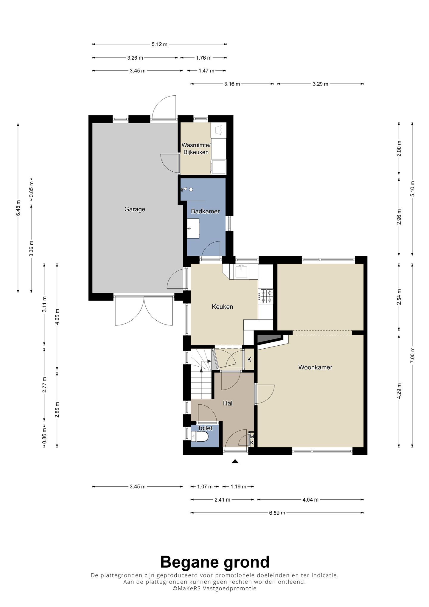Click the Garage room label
pyautogui.click(x=135, y=209)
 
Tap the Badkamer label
pyautogui.click(x=205, y=211)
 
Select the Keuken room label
pyautogui.click(x=222, y=307)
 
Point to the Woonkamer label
pyautogui.click(x=315, y=367)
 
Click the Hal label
pyautogui.click(x=228, y=403)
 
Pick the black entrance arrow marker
pyautogui.click(x=235, y=462)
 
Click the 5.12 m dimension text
pyautogui.click(x=159, y=44)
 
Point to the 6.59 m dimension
pyautogui.click(x=277, y=513)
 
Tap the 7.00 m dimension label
pyautogui.click(x=413, y=355)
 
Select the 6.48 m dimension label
pyautogui.click(x=18, y=208)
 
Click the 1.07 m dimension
pyautogui.click(x=205, y=487)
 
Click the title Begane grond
pyautogui.click(x=214, y=562)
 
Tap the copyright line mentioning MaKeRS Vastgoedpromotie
pyautogui.click(x=214, y=588)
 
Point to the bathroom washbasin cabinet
pyautogui.click(x=193, y=228)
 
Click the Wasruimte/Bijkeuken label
pyautogui.click(x=196, y=149)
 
